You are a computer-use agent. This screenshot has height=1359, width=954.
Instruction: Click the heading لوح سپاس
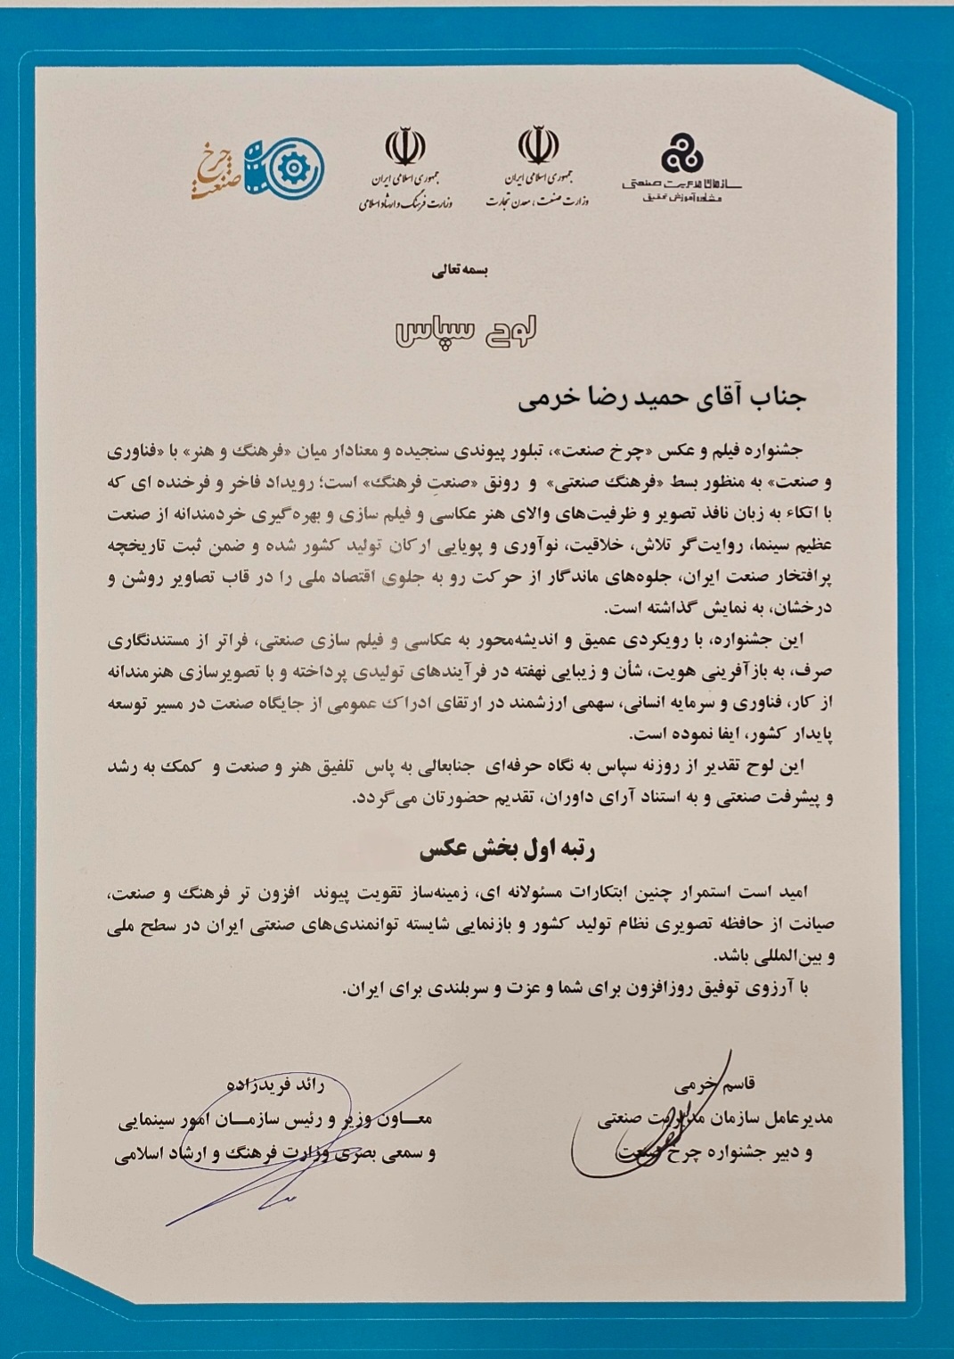466,331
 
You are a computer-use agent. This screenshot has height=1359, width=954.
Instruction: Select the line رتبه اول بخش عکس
508,849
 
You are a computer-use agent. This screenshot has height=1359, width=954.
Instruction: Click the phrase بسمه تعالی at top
460,269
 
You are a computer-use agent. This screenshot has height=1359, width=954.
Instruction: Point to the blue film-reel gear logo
284,168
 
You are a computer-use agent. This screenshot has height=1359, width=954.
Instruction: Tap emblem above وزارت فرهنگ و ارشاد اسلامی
405,148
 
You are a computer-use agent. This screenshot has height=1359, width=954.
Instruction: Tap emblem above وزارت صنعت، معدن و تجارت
538,145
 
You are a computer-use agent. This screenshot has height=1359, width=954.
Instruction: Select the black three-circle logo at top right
681,153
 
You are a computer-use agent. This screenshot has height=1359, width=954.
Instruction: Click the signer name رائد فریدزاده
276,1085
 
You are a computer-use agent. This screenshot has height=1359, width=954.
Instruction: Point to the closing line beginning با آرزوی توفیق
579,988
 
